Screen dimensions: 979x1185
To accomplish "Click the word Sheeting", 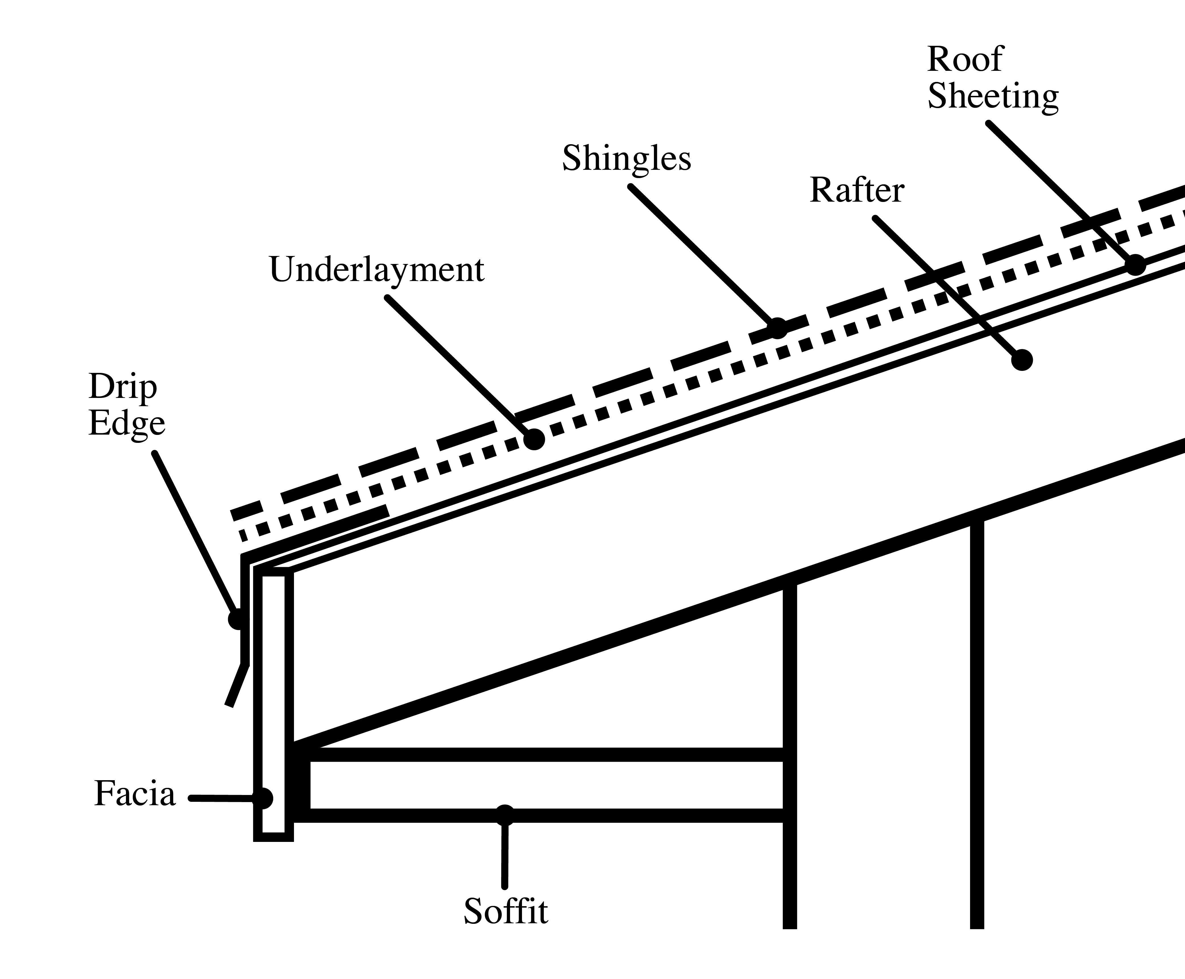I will tap(993, 97).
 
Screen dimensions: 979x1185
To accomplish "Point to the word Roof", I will tap(965, 59).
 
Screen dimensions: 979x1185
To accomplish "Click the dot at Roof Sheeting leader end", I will tap(1136, 265).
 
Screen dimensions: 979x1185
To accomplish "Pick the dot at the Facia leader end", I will tap(263, 798).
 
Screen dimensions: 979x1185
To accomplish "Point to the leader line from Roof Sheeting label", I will tap(1060, 192).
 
